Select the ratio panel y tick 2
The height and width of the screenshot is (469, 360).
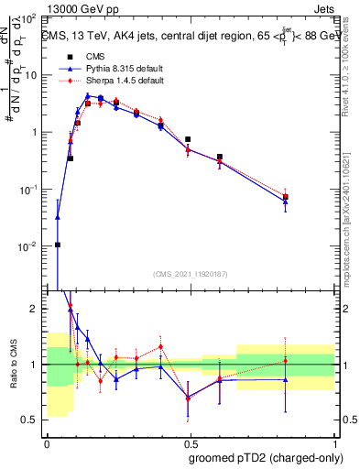34,310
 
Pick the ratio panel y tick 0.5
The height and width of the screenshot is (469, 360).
30,420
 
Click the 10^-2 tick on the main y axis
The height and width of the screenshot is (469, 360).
27,246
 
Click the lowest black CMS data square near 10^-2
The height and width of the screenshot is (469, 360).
58,245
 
